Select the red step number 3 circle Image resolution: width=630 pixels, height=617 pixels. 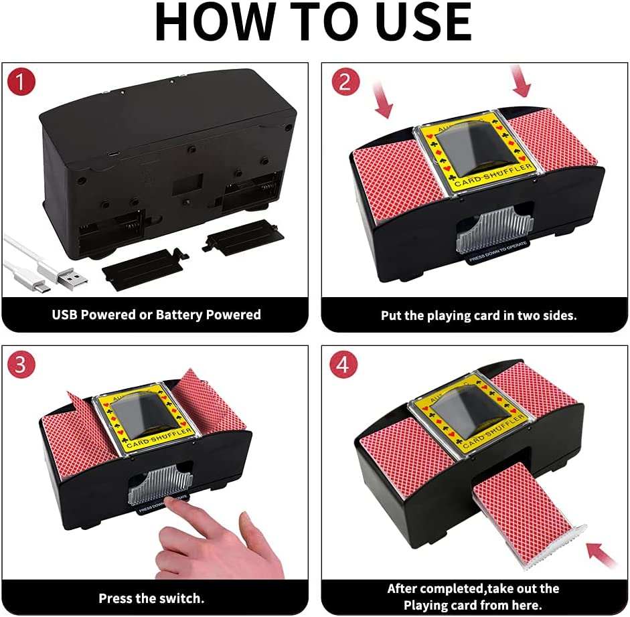point(21,365)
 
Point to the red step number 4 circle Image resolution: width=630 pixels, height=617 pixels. point(343,365)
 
